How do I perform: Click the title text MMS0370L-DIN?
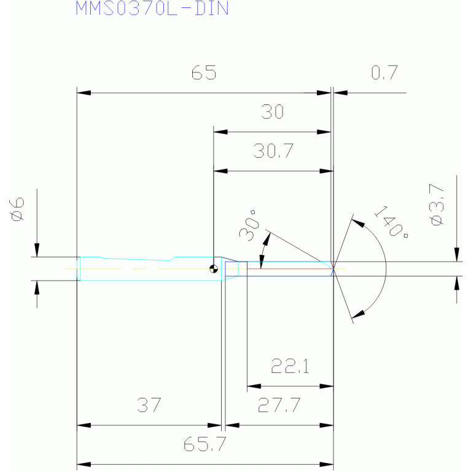[x=152, y=8]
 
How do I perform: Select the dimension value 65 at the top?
[x=204, y=72]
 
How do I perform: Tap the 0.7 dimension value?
[x=384, y=72]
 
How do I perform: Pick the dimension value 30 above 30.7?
[x=272, y=111]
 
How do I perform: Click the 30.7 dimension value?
[x=273, y=151]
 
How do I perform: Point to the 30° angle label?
[x=249, y=225]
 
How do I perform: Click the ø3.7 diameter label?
[x=437, y=204]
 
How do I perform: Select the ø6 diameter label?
[x=17, y=209]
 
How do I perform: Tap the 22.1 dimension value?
[x=290, y=366]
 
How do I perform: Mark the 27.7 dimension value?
[x=279, y=405]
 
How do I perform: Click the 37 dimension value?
[x=149, y=405]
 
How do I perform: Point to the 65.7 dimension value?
[x=204, y=444]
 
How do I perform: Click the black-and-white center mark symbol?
[x=214, y=269]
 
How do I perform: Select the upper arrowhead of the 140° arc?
[x=358, y=224]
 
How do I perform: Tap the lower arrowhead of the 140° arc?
[x=358, y=314]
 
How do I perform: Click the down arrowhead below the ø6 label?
[x=37, y=250]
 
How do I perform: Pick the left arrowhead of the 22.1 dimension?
[x=254, y=386]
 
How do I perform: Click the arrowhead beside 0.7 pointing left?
[x=340, y=93]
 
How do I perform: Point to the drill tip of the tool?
[x=333, y=268]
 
